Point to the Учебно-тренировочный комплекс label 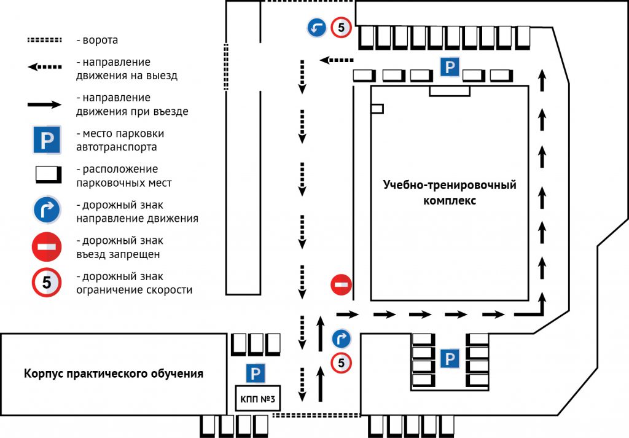[x=450, y=192]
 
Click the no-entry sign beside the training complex [x=341, y=284]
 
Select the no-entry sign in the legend [x=47, y=247]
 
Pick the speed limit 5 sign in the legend [x=47, y=283]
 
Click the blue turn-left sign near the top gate [x=317, y=27]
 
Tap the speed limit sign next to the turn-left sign [x=342, y=27]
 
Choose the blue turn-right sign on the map [x=341, y=338]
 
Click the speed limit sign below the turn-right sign [x=341, y=363]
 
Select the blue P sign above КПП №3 [x=256, y=373]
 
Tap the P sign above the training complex [x=450, y=66]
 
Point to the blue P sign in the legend [x=47, y=140]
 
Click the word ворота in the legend [x=101, y=41]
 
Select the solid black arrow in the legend [x=44, y=104]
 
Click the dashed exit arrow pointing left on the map [x=337, y=60]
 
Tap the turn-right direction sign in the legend [x=47, y=211]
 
